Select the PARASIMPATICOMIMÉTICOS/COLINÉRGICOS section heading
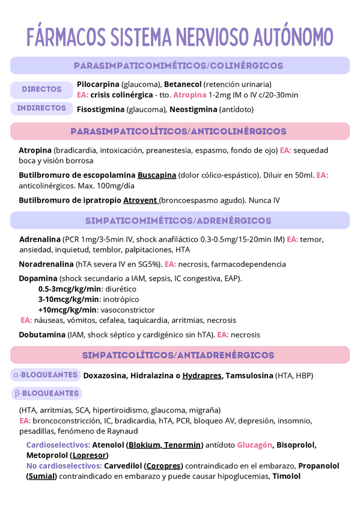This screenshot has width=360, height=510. click(178, 66)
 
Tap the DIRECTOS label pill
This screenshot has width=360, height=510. click(42, 89)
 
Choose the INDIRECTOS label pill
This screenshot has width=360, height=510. click(42, 108)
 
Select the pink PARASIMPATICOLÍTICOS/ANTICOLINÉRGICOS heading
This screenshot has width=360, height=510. click(178, 131)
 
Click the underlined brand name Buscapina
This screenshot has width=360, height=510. click(157, 175)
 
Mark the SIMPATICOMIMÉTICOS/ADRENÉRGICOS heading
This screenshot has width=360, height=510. click(178, 221)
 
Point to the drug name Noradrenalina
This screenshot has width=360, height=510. click(47, 264)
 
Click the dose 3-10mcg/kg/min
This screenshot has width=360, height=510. click(69, 299)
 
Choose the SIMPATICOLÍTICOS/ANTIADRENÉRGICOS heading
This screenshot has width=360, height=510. click(178, 355)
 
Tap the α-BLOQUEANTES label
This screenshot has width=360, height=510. click(46, 375)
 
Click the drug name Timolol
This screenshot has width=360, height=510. click(286, 476)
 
